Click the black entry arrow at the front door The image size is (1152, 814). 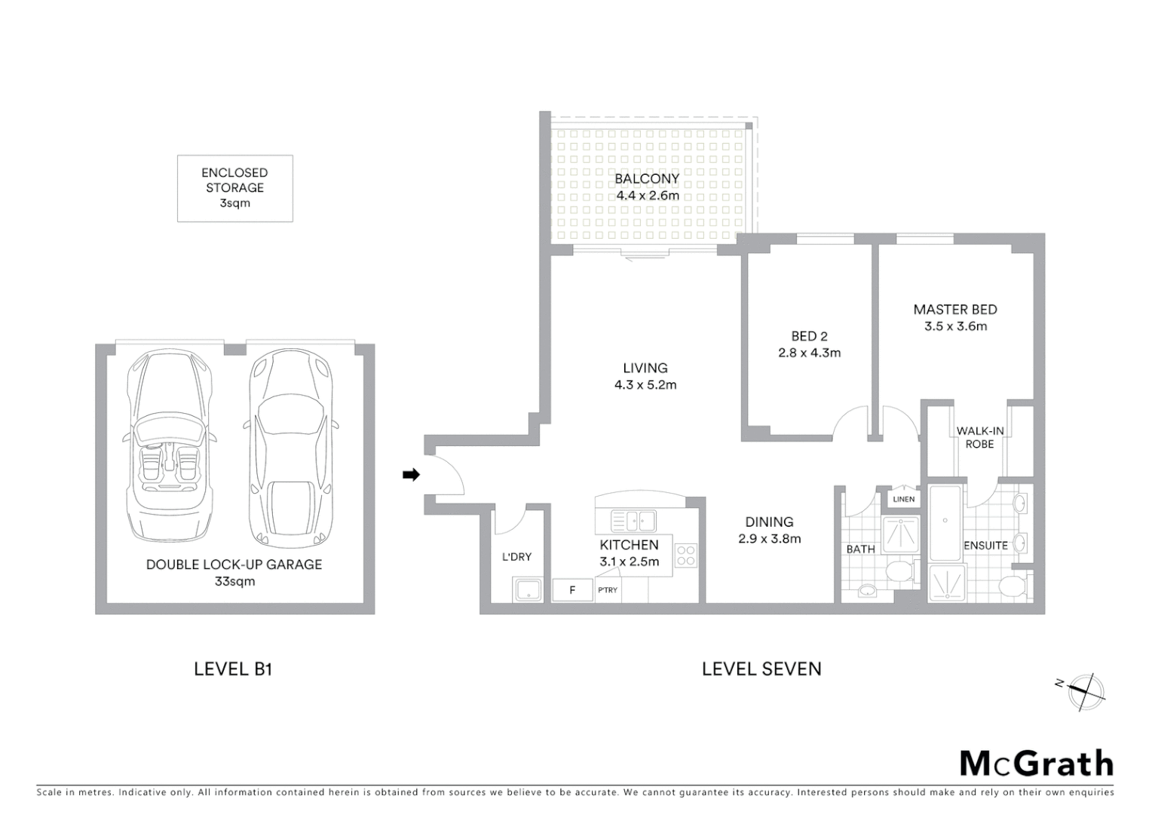[411, 475]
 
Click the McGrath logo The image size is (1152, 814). [1036, 764]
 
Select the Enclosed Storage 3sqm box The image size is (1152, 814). [234, 188]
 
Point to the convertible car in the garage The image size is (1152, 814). [167, 445]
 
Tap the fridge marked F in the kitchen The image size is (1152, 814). [572, 590]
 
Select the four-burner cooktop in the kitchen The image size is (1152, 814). [686, 555]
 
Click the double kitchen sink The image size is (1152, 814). [633, 519]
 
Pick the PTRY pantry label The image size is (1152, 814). [608, 590]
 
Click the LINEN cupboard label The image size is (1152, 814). [903, 499]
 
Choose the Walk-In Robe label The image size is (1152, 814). [979, 438]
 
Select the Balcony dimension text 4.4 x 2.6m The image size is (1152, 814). [648, 196]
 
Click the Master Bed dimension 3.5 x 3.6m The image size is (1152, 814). [955, 326]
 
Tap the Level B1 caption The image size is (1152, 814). [233, 669]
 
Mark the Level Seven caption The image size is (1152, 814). [761, 669]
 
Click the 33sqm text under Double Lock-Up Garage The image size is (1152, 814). [234, 581]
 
